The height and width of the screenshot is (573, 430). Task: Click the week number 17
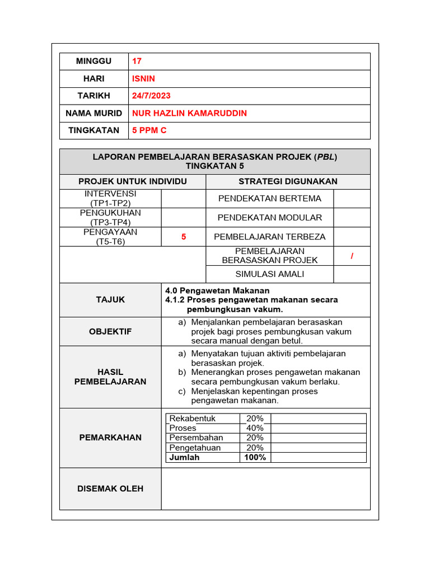137,61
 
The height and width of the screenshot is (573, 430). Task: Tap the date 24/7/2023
152,96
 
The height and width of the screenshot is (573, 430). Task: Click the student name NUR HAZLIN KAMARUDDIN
189,113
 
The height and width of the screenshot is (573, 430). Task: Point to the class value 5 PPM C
149,130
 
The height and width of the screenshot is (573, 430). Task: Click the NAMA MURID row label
94,113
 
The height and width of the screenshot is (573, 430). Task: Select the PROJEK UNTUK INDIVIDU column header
133,181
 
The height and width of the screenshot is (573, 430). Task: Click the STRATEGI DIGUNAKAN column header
288,181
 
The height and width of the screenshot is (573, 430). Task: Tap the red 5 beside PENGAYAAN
184,237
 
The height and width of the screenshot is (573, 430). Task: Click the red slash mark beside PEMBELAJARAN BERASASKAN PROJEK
352,256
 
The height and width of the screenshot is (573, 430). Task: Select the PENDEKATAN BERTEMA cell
269,199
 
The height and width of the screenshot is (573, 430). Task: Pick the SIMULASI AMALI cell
269,274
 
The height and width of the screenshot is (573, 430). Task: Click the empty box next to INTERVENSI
184,199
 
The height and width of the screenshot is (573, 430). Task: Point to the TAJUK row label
110,300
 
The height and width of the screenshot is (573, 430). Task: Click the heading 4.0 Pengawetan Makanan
217,290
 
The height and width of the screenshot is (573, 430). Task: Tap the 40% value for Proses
255,428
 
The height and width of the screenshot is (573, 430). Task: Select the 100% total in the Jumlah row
255,457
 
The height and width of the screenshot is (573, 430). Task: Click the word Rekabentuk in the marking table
192,419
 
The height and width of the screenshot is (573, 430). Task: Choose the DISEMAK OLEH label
110,489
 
